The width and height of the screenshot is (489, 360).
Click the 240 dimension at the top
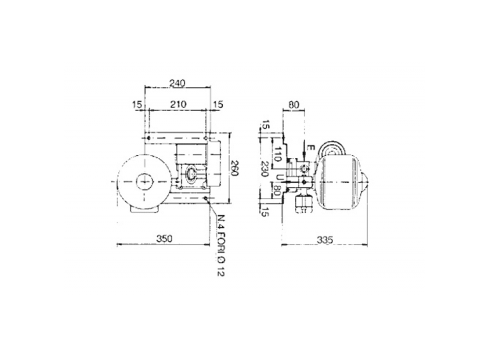coord(178,83)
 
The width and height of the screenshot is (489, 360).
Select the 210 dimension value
coord(178,104)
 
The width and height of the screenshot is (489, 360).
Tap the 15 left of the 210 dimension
coord(136,104)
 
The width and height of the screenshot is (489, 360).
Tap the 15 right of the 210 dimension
coord(218,104)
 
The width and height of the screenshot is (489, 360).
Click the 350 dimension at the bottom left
coord(163,239)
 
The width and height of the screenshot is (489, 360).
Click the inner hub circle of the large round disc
coord(144,181)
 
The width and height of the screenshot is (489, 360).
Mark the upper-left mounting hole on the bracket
coord(149,138)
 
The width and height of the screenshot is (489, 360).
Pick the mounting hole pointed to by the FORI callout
coord(205,198)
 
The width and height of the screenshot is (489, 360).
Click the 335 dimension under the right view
coord(325,239)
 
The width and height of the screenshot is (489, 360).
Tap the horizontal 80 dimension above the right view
coord(293,104)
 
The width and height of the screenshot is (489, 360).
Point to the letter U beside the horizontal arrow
coord(278,177)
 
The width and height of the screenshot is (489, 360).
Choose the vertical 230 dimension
coord(265,168)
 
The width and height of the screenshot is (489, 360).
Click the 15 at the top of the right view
coord(265,125)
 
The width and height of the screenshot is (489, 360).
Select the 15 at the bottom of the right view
coord(265,210)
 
